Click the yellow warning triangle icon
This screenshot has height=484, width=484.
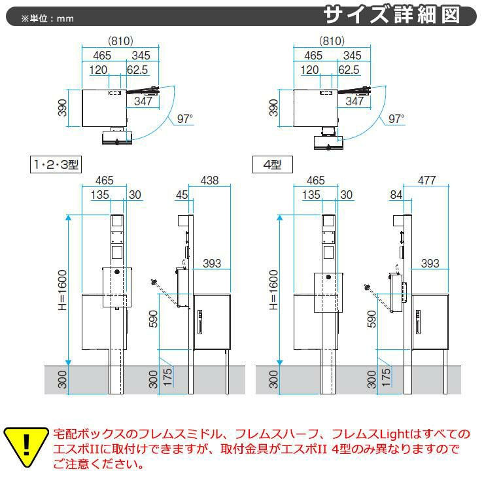(x=26, y=447)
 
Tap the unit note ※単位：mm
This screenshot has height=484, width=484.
(x=48, y=18)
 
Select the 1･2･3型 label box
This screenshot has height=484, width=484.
(x=56, y=165)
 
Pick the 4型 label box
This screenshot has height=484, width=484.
(x=272, y=165)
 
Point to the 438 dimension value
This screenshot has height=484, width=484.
(x=209, y=181)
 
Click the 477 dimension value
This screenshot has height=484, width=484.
(x=426, y=181)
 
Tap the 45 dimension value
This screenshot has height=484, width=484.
(x=182, y=195)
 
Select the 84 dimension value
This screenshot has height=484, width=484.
(x=396, y=195)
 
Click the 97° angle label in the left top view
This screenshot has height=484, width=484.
(x=185, y=118)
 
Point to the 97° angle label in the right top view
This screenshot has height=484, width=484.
(x=396, y=118)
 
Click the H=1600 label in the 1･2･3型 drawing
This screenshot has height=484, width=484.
(x=62, y=290)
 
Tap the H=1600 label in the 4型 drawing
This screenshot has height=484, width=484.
(x=273, y=290)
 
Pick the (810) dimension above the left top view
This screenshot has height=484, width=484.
(x=120, y=41)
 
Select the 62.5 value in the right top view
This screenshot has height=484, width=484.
(x=349, y=70)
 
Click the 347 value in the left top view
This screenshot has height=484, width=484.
(x=143, y=101)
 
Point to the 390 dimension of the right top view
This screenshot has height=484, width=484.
(x=273, y=108)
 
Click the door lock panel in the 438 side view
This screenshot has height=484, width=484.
(x=199, y=322)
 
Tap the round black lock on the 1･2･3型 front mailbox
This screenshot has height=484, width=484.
(x=117, y=272)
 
